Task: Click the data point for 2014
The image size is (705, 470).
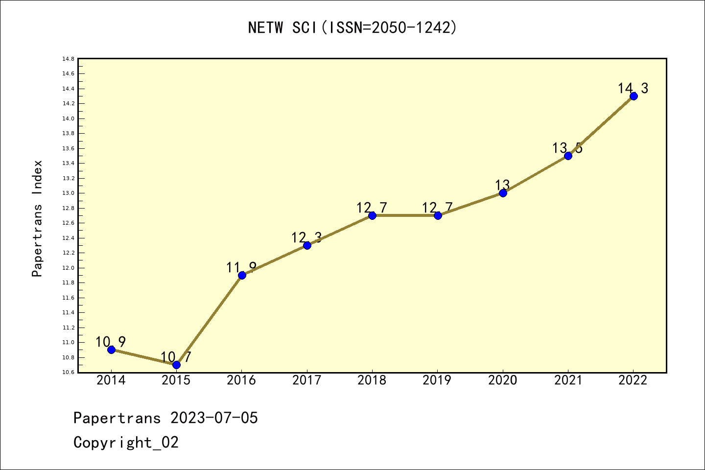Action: (111, 350)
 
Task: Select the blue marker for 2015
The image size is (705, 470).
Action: (176, 365)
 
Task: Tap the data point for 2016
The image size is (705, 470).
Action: (242, 275)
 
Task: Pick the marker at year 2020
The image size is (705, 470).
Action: (503, 193)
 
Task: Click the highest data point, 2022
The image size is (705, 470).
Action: (634, 96)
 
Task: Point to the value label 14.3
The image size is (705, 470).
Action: (633, 89)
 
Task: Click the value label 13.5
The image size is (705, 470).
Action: (567, 148)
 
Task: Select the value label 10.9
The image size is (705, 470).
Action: (111, 342)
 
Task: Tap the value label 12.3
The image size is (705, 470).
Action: (306, 238)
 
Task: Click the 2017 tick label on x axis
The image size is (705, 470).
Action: (306, 380)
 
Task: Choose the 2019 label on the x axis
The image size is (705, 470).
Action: (437, 380)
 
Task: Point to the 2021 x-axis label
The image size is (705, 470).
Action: (568, 380)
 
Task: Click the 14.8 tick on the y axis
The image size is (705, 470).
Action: (68, 59)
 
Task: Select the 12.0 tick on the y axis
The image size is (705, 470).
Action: (68, 268)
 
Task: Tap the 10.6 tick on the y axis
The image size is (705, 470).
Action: (68, 373)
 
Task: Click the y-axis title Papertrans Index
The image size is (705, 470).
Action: (37, 218)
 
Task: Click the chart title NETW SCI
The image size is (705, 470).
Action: (352, 28)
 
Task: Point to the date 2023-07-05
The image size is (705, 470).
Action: (214, 418)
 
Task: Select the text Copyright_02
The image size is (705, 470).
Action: (126, 443)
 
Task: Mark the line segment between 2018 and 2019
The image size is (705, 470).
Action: (405, 215)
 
